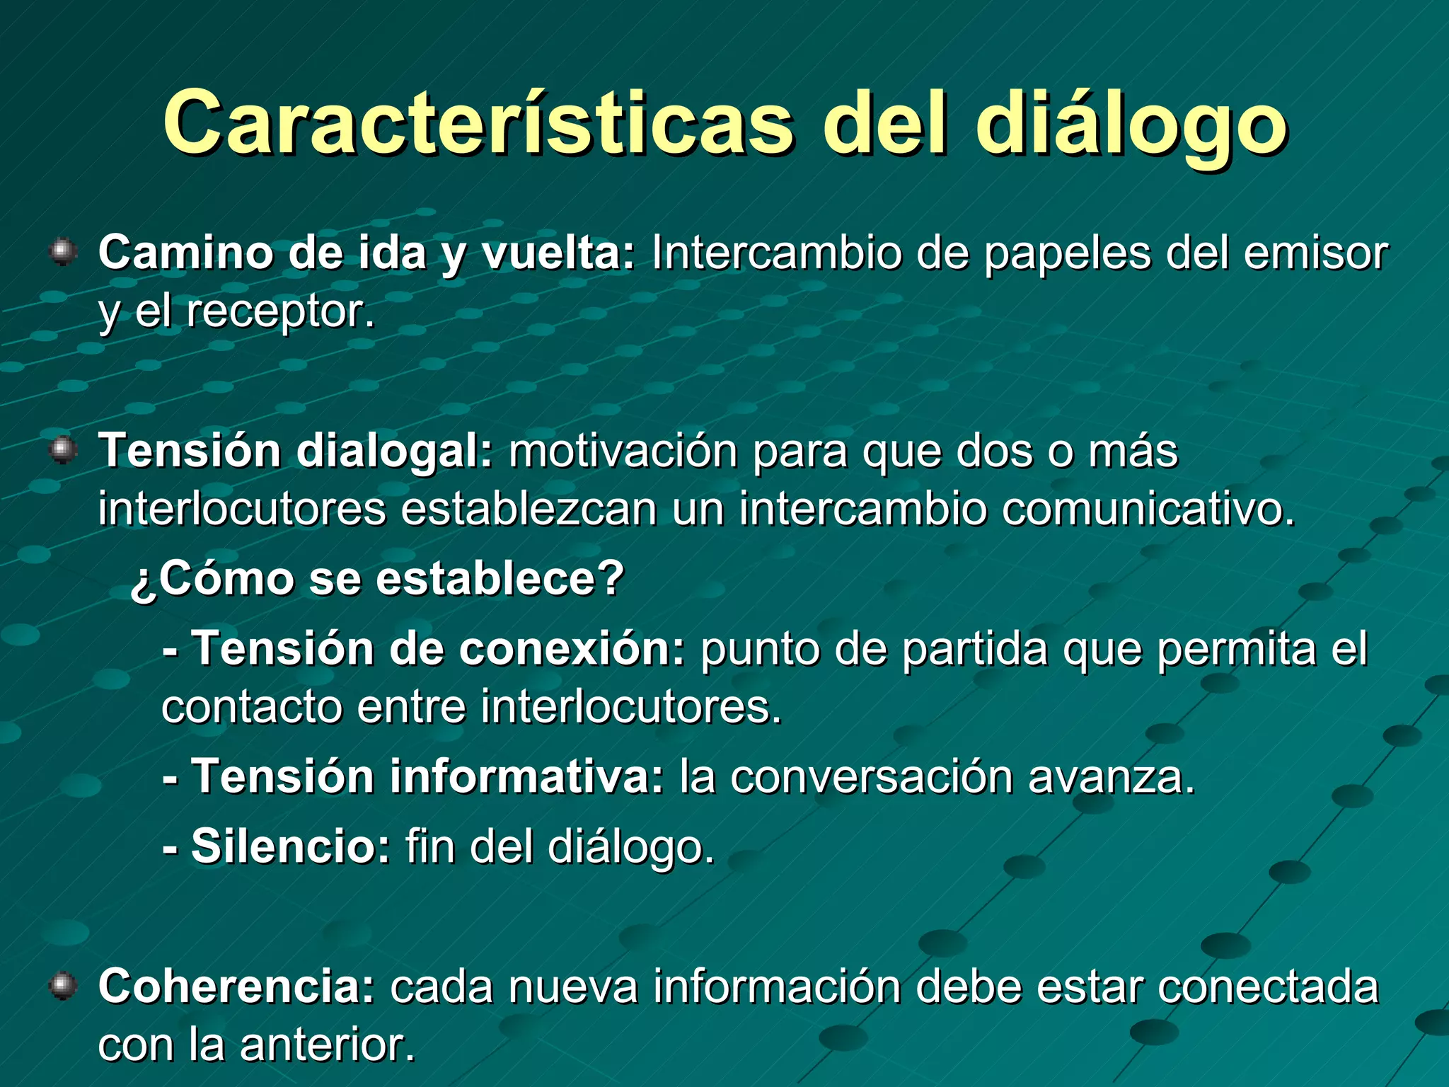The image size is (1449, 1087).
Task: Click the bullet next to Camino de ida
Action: click(x=64, y=252)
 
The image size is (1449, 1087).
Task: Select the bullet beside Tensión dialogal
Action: click(x=64, y=450)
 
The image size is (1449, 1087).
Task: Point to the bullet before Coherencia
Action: click(x=64, y=986)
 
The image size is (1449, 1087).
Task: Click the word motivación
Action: click(x=623, y=451)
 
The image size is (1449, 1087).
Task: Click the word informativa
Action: click(x=526, y=776)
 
